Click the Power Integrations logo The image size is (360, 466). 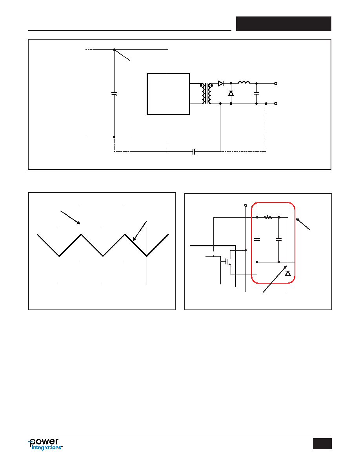pos(45,444)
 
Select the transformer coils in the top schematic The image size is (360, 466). pos(207,94)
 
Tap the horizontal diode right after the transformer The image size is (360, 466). pos(221,84)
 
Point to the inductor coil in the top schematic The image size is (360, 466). pos(244,82)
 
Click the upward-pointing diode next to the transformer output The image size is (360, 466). pos(231,93)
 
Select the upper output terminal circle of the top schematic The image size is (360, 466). pos(276,84)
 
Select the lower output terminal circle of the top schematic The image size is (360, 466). pos(276,104)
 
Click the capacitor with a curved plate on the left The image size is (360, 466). pos(114,94)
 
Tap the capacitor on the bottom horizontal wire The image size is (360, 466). pos(193,151)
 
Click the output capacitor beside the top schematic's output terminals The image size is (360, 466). pos(256,93)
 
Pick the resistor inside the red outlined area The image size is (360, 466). pos(268,218)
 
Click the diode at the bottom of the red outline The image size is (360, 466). pos(288,273)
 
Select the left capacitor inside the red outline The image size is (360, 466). pos(257,239)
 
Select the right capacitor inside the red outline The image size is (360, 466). pos(278,239)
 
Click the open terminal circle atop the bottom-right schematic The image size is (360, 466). pos(245,206)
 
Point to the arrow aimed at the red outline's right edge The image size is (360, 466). pos(303,224)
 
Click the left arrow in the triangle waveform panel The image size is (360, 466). pos(71,218)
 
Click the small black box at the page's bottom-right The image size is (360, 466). pos(322,443)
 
